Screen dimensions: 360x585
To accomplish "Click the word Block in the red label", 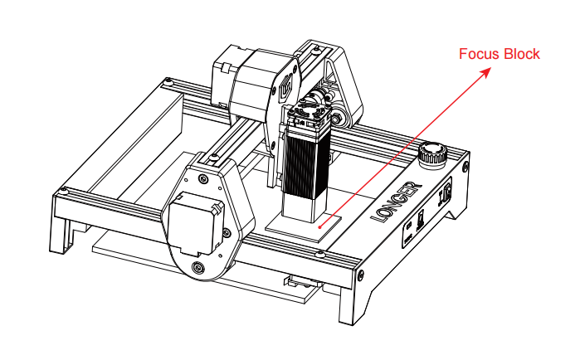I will (522, 55).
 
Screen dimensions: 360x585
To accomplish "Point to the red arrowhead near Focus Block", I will (485, 72).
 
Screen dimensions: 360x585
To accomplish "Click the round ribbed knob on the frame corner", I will (430, 153).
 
